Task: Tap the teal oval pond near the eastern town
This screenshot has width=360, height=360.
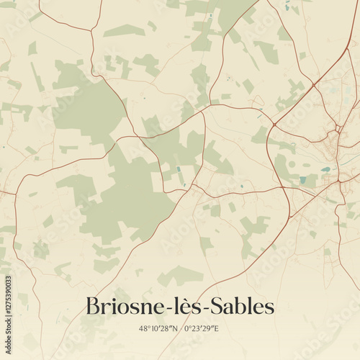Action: coord(326,170)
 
